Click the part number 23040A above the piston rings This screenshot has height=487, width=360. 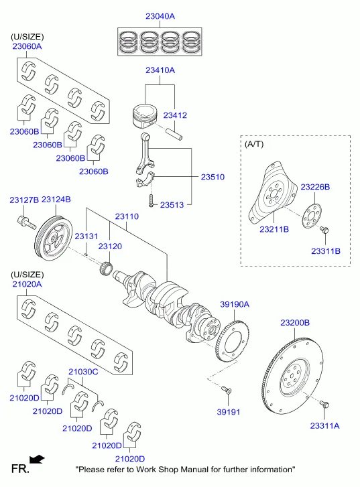point(160,16)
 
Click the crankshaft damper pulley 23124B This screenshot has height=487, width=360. point(53,238)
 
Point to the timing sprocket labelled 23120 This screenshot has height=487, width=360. point(106,269)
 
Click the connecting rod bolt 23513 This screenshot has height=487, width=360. point(152,201)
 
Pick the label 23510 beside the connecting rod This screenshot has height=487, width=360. point(213,177)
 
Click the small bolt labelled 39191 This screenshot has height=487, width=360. point(227,390)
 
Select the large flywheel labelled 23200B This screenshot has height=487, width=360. point(293,376)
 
